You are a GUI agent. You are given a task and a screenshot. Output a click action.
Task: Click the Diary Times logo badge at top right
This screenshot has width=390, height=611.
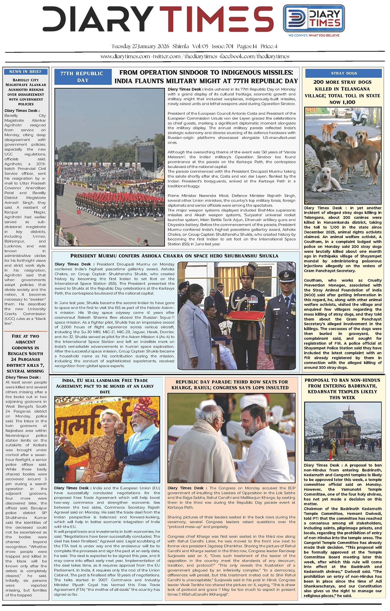click(314, 18)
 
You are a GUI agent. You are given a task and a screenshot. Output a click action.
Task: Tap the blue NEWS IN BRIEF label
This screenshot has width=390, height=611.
click(26, 71)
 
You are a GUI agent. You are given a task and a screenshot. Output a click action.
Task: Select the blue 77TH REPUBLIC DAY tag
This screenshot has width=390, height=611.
click(82, 77)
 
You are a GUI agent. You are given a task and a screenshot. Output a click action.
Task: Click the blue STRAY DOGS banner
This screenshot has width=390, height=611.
click(343, 73)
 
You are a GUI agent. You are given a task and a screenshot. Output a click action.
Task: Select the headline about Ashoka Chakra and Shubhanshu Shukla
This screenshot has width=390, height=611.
click(174, 256)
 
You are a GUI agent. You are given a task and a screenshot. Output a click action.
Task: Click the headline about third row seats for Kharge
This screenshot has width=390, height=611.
click(232, 385)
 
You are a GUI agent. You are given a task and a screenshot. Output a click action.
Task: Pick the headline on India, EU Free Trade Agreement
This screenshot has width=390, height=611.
click(105, 386)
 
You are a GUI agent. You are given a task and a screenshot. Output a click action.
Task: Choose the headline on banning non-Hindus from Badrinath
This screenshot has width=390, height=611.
click(342, 389)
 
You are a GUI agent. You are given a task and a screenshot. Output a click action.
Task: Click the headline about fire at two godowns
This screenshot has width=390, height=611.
click(26, 353)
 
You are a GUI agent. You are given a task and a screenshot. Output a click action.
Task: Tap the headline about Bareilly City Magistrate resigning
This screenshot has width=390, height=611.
click(26, 92)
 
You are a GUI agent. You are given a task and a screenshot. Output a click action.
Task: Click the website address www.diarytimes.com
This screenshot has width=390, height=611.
click(125, 56)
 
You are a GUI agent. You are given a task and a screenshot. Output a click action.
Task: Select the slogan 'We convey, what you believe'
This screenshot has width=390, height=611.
click(314, 35)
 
